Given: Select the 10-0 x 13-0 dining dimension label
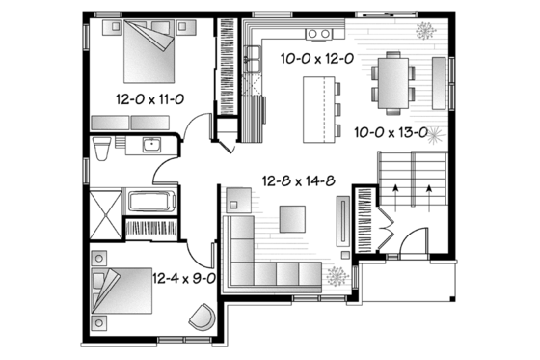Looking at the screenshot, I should pyautogui.click(x=391, y=132).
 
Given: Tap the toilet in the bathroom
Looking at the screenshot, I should pyautogui.click(x=101, y=147).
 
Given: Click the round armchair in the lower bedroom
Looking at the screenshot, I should pyautogui.click(x=203, y=317).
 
